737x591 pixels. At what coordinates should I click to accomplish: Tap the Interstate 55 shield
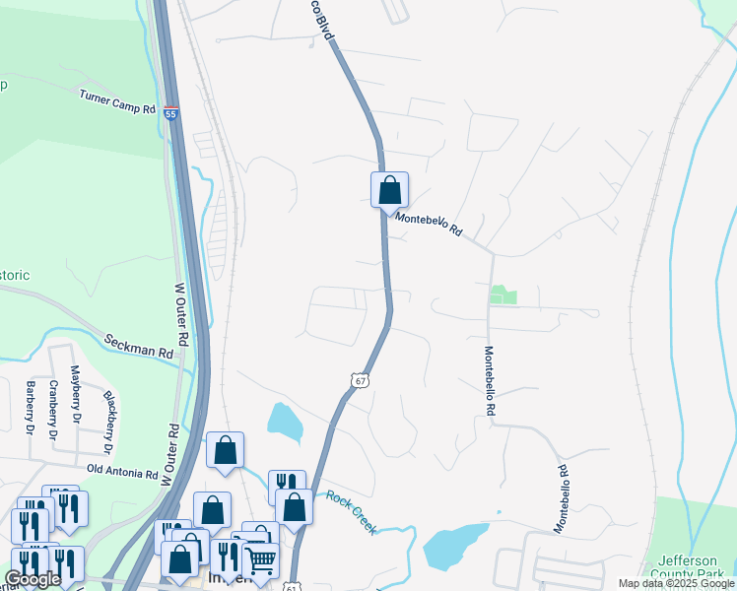(x=171, y=114)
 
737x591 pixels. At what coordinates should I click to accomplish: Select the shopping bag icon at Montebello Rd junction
(x=389, y=189)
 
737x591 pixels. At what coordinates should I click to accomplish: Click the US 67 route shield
(x=362, y=380)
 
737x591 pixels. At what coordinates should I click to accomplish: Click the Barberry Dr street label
(x=30, y=407)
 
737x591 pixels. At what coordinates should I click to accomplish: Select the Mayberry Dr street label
(x=75, y=391)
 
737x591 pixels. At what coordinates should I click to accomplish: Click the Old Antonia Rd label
(x=122, y=473)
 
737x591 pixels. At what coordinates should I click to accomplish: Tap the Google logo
(x=33, y=579)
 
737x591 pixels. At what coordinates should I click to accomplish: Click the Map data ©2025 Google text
(x=676, y=583)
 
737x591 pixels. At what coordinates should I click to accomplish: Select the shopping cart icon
(x=260, y=560)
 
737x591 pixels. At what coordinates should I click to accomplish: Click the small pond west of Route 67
(x=285, y=422)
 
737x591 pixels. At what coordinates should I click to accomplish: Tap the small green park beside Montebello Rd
(x=503, y=295)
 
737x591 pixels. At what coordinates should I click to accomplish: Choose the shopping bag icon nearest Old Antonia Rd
(x=225, y=450)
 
